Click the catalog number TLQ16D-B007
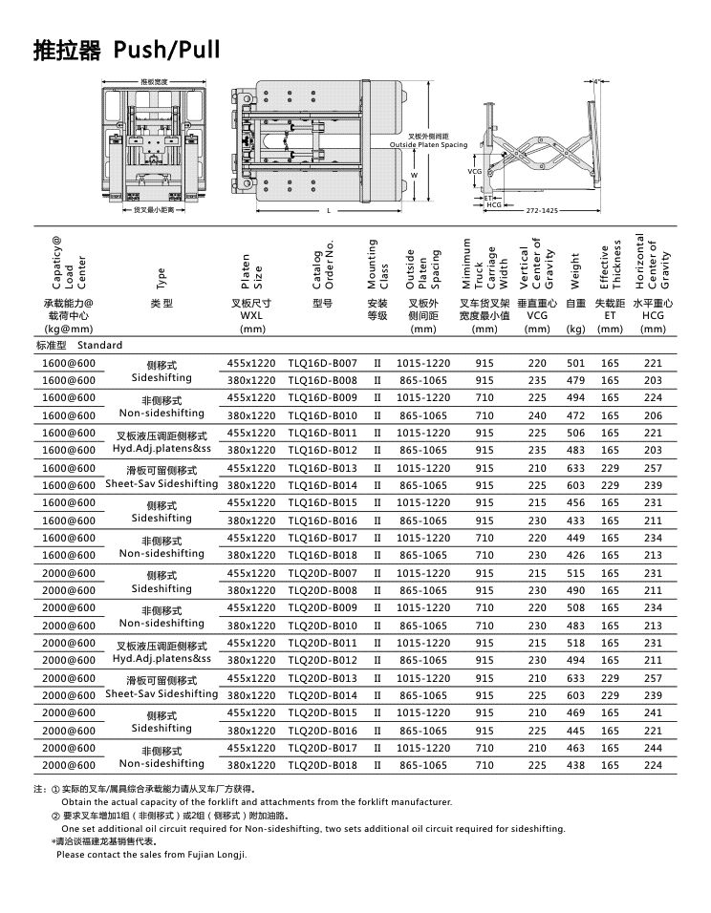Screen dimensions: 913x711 [322, 363]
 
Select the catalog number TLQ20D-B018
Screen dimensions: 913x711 [322, 765]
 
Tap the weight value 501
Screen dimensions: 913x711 [575, 363]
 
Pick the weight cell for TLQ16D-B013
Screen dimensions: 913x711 [575, 468]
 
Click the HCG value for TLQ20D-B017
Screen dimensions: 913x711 [653, 748]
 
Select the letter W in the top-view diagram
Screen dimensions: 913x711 [414, 176]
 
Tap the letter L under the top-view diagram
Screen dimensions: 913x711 [328, 210]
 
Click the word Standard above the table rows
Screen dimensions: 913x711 [100, 345]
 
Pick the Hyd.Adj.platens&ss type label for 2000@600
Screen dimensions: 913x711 [162, 659]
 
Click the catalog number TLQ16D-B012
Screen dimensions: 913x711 [322, 450]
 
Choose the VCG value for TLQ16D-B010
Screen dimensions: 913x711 [538, 415]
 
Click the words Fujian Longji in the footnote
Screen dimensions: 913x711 [218, 854]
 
